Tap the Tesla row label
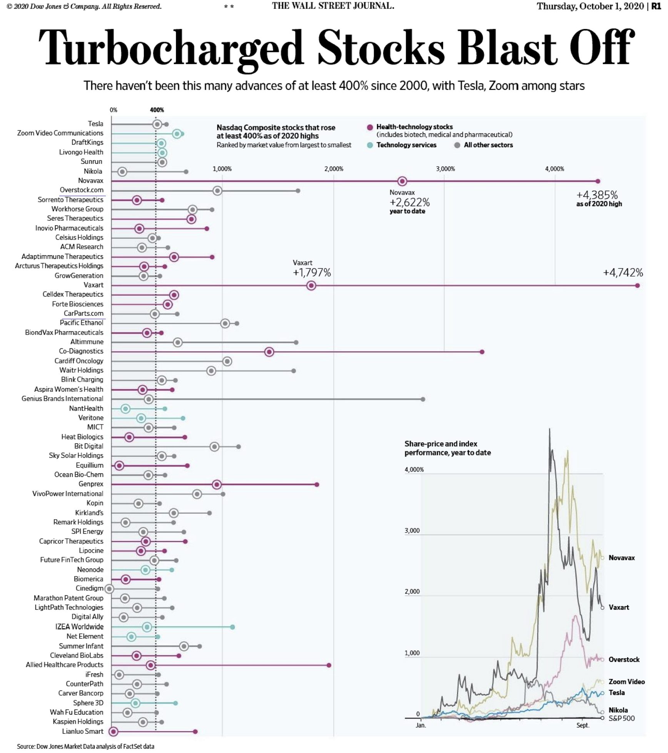95,124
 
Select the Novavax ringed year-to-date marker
402,181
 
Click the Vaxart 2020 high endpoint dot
638,285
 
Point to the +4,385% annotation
597,195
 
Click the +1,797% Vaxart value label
312,273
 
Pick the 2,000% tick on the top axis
334,169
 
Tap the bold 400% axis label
157,110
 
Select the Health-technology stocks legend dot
370,127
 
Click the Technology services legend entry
406,145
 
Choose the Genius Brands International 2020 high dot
423,399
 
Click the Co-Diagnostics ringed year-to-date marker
269,352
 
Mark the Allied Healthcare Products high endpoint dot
329,665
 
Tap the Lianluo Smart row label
83,731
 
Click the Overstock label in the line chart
624,660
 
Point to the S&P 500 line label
621,718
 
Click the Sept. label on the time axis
583,725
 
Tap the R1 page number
656,6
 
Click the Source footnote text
85,746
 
